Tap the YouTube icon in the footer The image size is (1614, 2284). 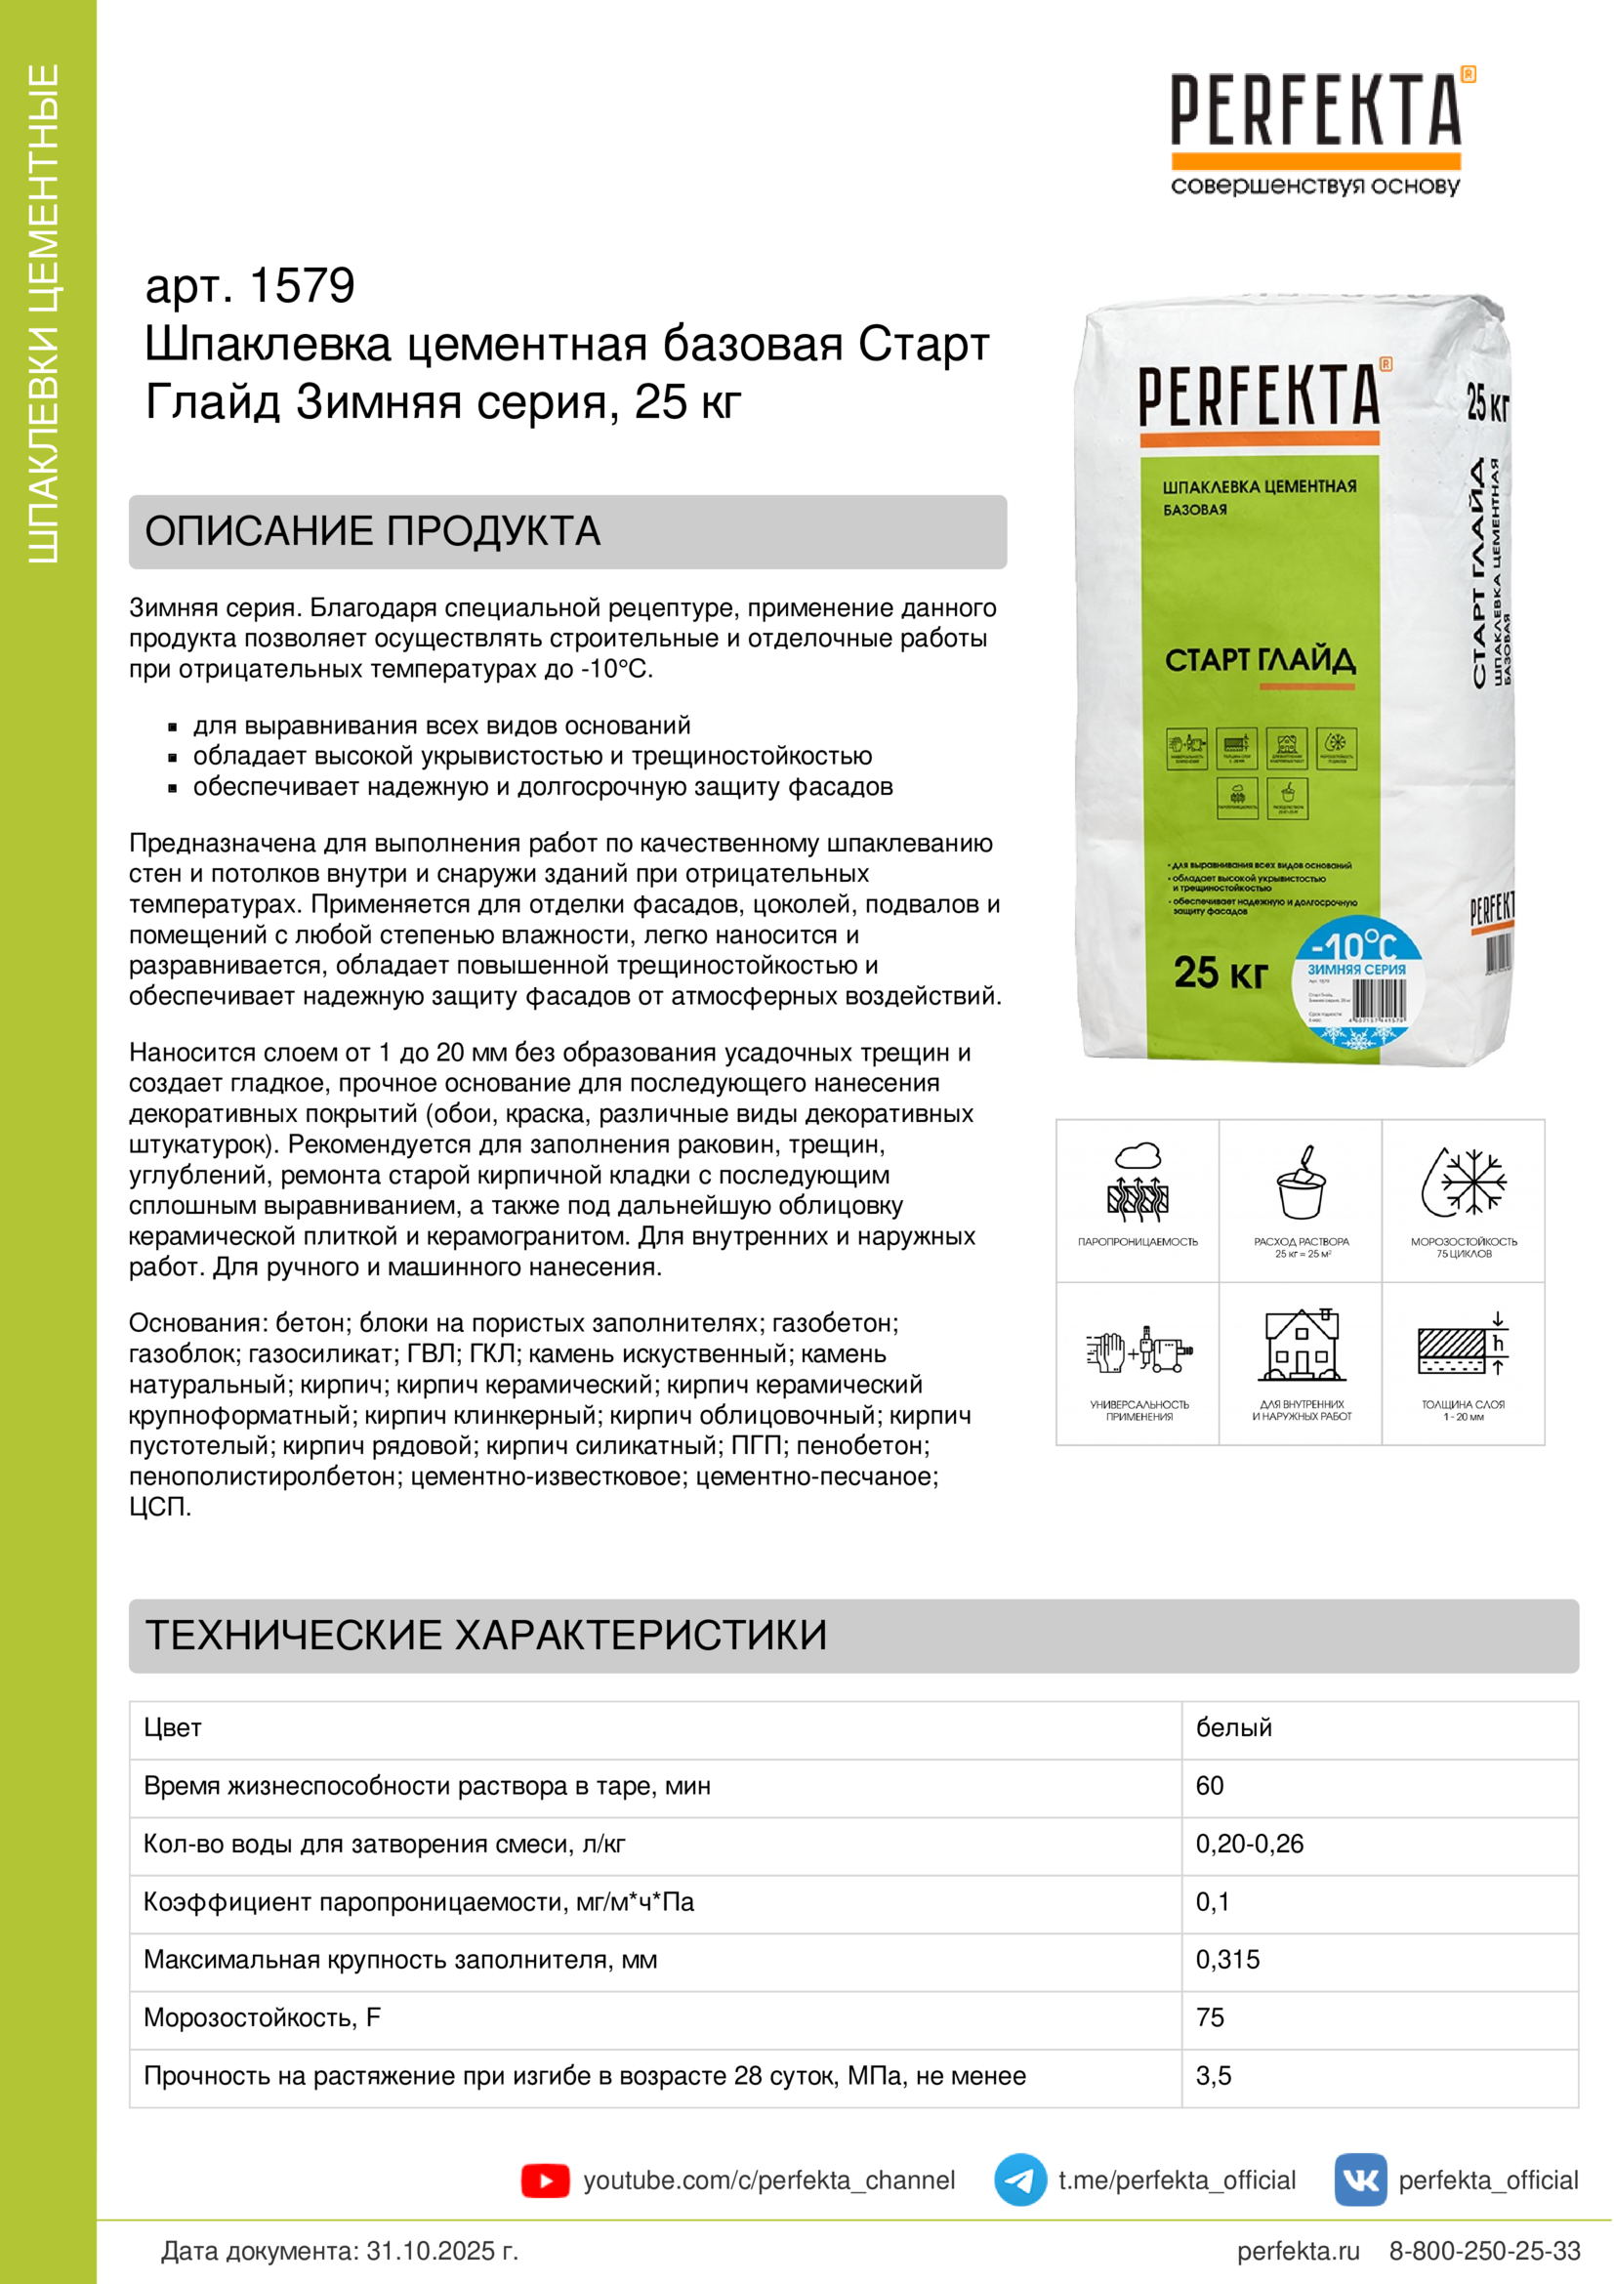click(545, 2180)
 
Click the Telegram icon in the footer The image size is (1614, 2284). click(1019, 2180)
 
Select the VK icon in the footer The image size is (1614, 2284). click(1359, 2180)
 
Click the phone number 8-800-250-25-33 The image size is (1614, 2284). click(1484, 2250)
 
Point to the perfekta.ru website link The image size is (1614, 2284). click(1298, 2250)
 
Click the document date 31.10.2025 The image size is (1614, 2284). click(441, 2250)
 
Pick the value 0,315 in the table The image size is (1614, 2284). click(1227, 1960)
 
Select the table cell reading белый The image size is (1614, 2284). click(1233, 1728)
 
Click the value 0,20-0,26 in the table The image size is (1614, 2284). click(1249, 1844)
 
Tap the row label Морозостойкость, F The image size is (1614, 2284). click(263, 2017)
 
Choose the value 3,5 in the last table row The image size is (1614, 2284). click(1214, 2076)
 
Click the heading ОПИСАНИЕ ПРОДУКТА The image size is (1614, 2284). click(373, 531)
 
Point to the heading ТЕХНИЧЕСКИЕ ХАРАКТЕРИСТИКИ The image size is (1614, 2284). click(486, 1636)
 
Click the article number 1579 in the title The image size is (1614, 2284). click(302, 285)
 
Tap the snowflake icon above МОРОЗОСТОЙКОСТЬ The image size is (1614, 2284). click(1464, 1183)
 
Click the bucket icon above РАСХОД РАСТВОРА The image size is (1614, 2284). click(1301, 1183)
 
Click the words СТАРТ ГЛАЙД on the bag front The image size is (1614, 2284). click(1260, 659)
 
